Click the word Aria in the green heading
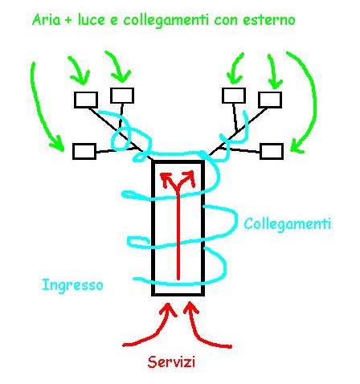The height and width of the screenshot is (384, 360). [x=47, y=19]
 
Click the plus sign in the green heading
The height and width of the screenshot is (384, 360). [x=68, y=20]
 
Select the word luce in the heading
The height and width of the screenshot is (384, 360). [x=91, y=19]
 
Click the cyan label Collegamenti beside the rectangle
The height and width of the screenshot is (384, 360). [x=288, y=224]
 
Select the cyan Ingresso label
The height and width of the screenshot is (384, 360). [x=72, y=285]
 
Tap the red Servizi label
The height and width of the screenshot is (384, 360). [x=171, y=362]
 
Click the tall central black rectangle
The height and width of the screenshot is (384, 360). [x=152, y=227]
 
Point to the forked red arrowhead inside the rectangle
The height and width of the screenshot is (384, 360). [x=178, y=179]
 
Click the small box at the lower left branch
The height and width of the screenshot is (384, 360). [x=84, y=151]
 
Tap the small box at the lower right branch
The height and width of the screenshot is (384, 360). [x=272, y=151]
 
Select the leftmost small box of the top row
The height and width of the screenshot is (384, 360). [x=86, y=100]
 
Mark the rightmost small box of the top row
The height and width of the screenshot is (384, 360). [x=270, y=100]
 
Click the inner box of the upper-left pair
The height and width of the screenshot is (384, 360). [x=122, y=96]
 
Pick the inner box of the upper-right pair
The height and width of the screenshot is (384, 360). [x=234, y=96]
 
